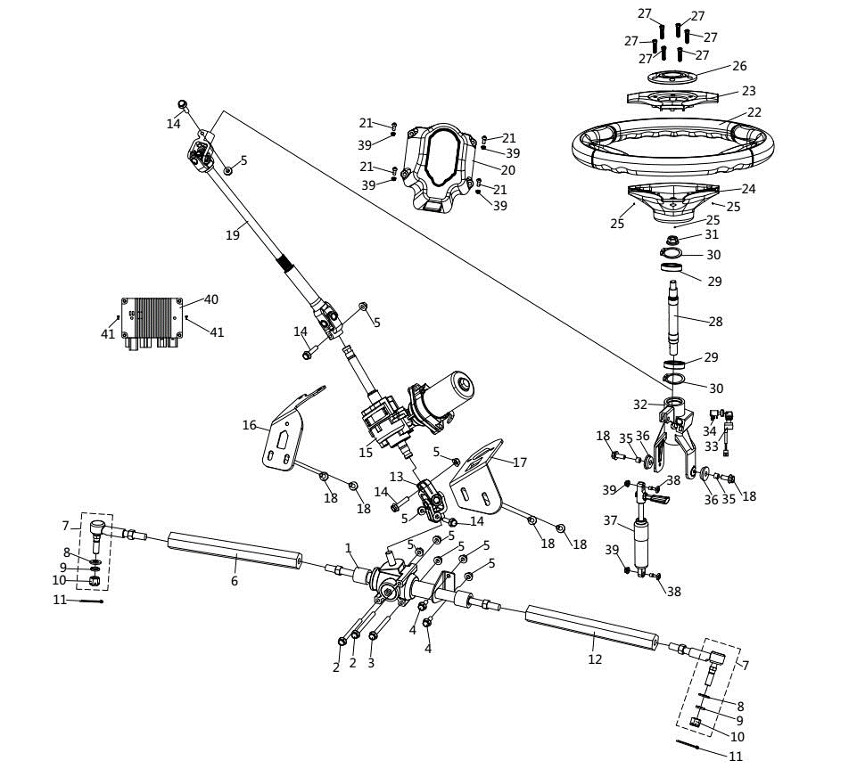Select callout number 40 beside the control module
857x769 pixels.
[x=211, y=299]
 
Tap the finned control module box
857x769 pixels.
[x=154, y=317]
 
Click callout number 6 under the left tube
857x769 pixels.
[x=235, y=581]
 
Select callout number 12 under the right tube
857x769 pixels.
[x=595, y=659]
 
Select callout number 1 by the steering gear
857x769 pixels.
[x=349, y=547]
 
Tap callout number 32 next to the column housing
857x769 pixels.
[x=639, y=404]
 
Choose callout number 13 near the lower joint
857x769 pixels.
[x=396, y=477]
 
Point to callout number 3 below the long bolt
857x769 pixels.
[x=371, y=662]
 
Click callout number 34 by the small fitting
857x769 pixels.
[x=710, y=431]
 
